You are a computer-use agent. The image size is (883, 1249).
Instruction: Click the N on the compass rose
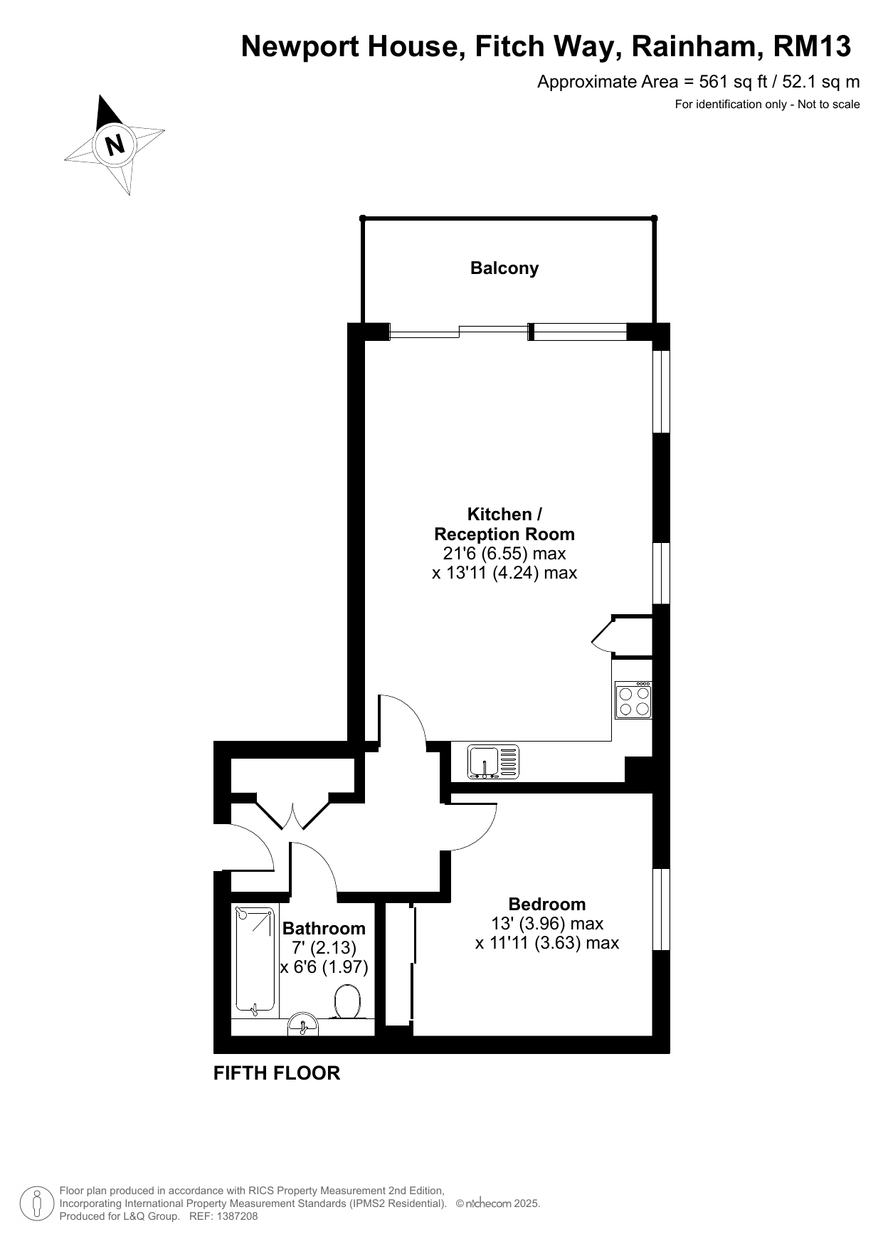click(x=115, y=144)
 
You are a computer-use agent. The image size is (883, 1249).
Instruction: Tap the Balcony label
click(x=504, y=268)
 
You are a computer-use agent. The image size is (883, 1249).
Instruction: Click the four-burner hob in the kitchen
click(x=633, y=700)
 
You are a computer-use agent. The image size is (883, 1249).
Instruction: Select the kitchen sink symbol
click(x=493, y=761)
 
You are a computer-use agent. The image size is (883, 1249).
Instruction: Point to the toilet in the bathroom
click(x=347, y=1002)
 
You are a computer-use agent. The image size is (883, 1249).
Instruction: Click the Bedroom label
click(x=547, y=904)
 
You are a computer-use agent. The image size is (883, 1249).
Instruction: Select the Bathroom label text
click(x=324, y=928)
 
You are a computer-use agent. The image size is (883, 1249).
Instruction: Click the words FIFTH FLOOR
click(x=277, y=1073)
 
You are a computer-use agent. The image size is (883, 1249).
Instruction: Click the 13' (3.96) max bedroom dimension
click(x=547, y=924)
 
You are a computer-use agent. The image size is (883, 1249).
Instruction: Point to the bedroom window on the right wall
click(x=662, y=909)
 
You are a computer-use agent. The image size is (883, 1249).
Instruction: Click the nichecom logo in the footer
click(x=487, y=1203)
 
